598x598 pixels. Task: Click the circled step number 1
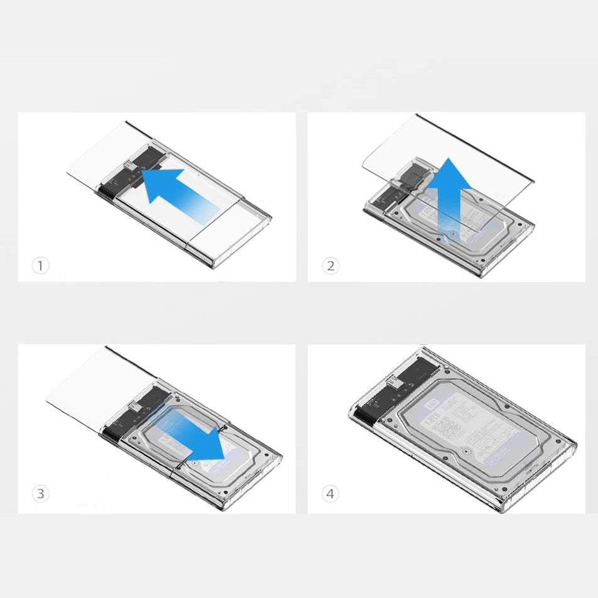click(40, 266)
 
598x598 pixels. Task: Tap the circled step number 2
click(330, 266)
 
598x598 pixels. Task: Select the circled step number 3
click(40, 494)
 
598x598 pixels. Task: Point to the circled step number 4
click(330, 494)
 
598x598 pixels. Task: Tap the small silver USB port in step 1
click(128, 166)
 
